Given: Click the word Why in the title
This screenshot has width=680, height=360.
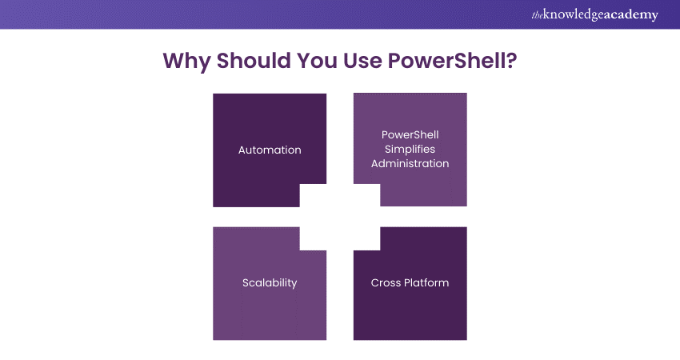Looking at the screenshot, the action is coord(186,61).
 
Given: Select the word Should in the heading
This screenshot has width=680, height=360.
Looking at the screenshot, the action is coord(254,60).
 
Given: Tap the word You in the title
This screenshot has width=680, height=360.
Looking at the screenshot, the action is coord(317,60).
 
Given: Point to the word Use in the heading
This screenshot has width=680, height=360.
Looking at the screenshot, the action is coord(362,60).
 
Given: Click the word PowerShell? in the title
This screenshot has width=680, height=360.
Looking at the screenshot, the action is coord(452,60).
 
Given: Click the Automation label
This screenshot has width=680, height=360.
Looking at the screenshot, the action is coord(270,150).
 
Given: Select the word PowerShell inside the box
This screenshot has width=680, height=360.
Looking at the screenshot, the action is coord(410,135).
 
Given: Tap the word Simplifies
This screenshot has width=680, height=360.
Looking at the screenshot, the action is coord(410,150).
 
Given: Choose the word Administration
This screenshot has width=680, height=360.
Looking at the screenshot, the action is coord(410,163).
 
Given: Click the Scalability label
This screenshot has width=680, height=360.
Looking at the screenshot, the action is coord(270,282).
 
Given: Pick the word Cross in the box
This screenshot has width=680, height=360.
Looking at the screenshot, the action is coord(386,282).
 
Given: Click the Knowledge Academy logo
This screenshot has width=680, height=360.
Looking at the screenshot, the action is coord(595,14).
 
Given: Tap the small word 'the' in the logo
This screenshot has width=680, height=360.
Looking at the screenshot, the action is coord(537,15).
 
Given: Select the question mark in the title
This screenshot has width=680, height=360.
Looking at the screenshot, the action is coord(512,60).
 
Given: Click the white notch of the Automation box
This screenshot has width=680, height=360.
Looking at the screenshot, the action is coord(313,195).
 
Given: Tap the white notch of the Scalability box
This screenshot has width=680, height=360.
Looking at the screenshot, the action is coord(313,238).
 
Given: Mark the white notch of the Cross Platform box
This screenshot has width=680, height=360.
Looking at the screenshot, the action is coord(367,238).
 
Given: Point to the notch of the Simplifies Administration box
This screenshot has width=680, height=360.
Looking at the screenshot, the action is coord(367,195).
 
